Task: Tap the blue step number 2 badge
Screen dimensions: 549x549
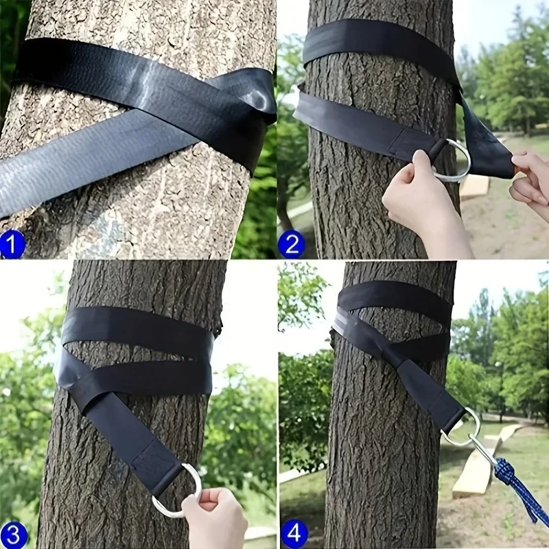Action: (x=291, y=244)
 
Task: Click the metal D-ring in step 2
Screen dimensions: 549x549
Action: (x=454, y=162)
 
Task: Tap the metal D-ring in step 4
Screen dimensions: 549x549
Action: (x=461, y=427)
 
